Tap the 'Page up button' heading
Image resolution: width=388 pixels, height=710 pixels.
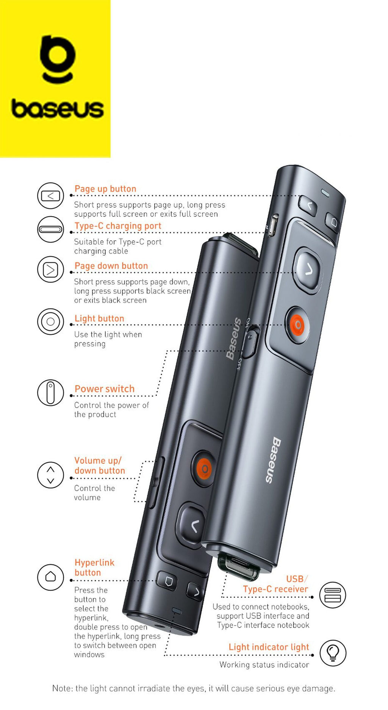[105, 189]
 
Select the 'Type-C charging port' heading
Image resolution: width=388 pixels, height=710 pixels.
[118, 226]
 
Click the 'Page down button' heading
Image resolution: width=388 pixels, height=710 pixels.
[111, 266]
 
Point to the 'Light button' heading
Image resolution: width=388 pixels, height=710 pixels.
[99, 318]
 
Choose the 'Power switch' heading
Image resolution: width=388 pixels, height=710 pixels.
[105, 389]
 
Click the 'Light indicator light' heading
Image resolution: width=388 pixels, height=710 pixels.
[269, 647]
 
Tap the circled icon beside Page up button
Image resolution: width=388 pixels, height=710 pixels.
[50, 196]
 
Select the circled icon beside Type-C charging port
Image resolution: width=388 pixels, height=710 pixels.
[50, 229]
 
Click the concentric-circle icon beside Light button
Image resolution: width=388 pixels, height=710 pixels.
[50, 322]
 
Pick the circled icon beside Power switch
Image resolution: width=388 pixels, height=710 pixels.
[50, 393]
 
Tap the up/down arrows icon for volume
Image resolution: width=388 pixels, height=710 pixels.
[50, 475]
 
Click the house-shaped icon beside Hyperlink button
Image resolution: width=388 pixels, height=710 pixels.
[50, 577]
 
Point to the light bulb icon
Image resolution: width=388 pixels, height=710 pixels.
[333, 653]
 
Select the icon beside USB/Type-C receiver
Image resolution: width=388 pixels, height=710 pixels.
[333, 595]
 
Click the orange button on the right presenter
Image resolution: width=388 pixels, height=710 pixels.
[297, 325]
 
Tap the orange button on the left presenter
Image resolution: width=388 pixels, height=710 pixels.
[204, 469]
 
